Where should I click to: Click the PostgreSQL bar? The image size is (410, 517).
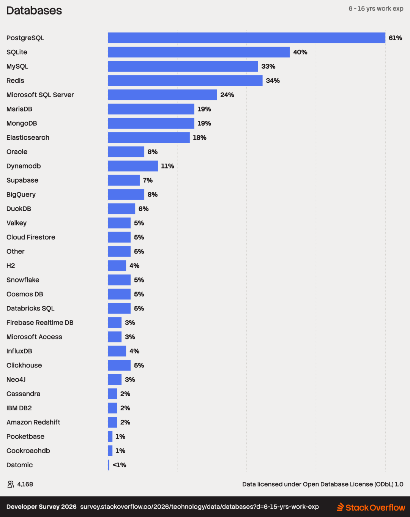[247, 38]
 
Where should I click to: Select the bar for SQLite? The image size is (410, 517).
[199, 52]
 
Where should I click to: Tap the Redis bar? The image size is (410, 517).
[185, 80]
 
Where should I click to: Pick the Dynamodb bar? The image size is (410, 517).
[133, 166]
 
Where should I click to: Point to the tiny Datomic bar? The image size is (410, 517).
[109, 465]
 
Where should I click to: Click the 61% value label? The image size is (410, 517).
[395, 38]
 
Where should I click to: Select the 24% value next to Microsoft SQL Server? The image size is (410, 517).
[227, 95]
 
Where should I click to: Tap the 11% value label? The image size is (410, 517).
[167, 166]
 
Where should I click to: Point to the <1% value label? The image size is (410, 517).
[119, 465]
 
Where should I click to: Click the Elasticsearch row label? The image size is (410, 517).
[28, 137]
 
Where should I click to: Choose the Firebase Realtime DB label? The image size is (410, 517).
[40, 323]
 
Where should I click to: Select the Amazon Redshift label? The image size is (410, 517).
[33, 422]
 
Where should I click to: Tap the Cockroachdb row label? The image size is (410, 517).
[28, 451]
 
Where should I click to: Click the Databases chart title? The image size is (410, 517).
[34, 11]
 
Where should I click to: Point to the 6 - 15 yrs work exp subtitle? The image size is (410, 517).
[376, 9]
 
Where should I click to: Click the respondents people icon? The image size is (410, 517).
[11, 484]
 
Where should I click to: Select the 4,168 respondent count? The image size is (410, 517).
[25, 484]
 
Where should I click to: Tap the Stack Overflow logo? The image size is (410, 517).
[371, 507]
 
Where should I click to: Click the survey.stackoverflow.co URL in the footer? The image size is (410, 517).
[199, 507]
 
